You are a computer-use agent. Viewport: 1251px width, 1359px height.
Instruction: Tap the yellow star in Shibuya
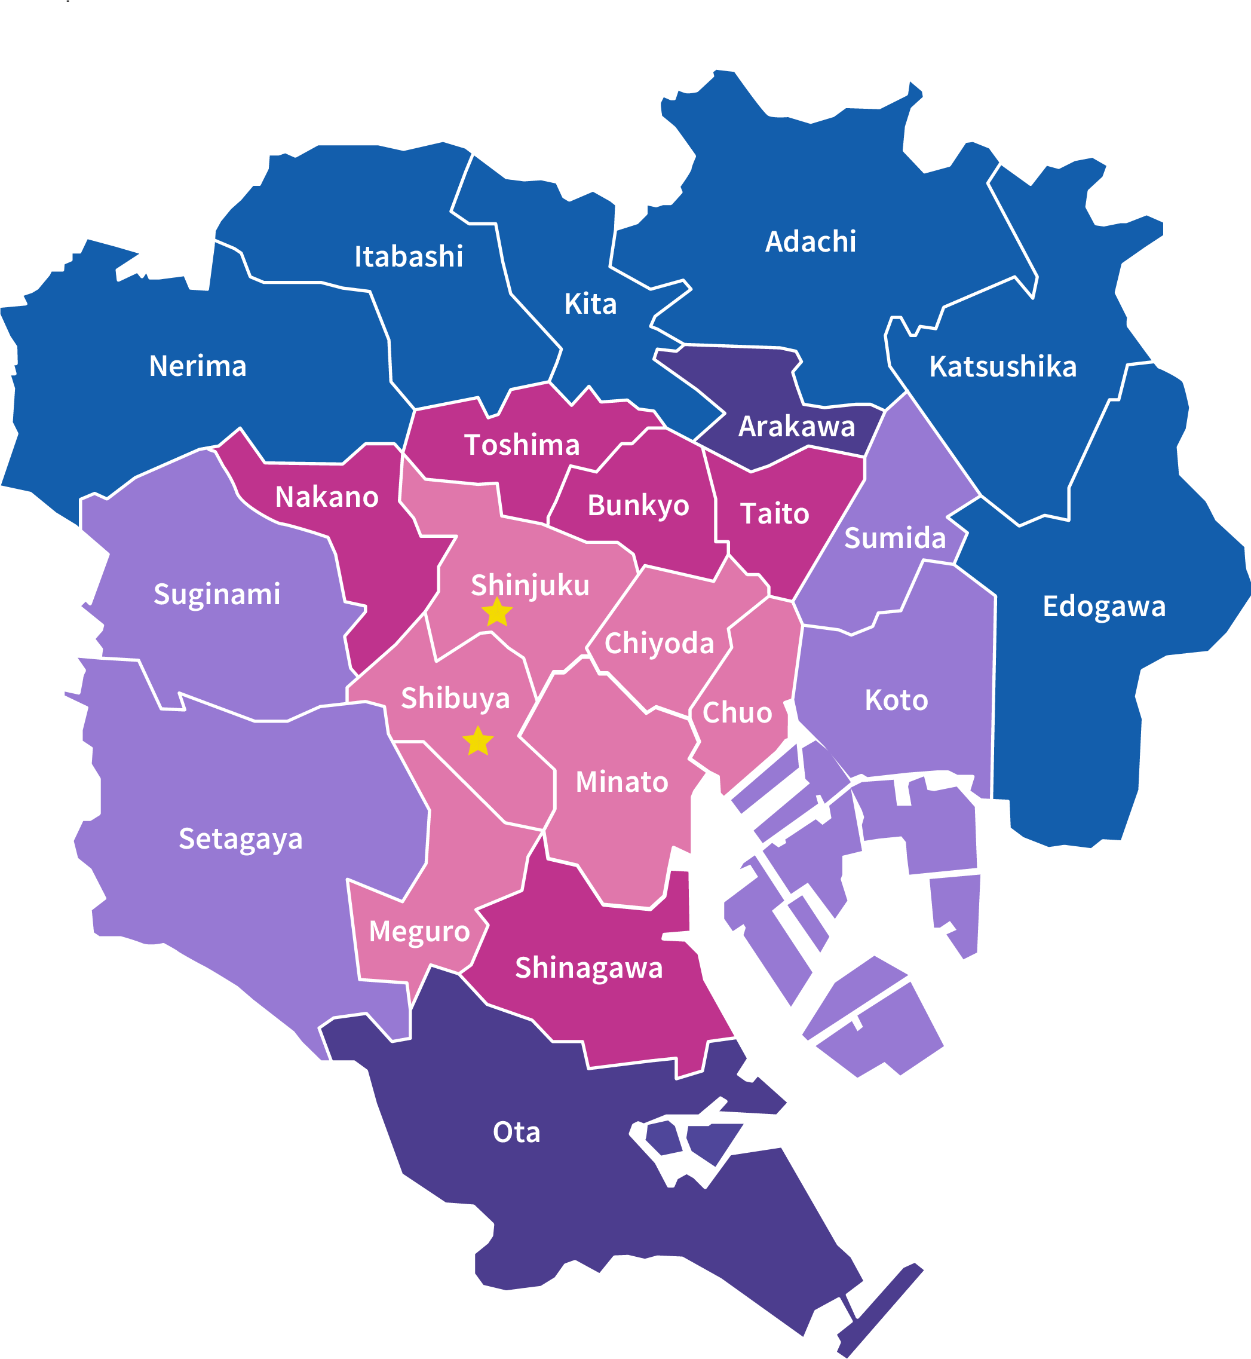[478, 741]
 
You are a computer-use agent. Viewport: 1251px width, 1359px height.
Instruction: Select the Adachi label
[810, 241]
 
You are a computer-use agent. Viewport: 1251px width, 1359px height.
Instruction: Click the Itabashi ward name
[409, 256]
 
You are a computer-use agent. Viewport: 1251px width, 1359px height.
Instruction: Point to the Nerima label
[198, 366]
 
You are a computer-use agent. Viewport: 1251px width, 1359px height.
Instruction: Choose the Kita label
[590, 304]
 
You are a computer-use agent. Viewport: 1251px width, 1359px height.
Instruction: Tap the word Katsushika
[1002, 366]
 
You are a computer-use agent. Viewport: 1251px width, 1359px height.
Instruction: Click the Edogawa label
[1104, 606]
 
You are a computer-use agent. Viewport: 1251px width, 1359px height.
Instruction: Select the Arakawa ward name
[797, 427]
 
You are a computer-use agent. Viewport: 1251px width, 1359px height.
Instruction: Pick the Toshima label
[522, 445]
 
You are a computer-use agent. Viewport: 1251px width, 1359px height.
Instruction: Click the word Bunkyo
[639, 505]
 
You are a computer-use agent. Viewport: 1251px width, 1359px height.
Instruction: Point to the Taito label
[774, 513]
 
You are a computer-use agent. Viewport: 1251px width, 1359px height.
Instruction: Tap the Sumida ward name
[895, 538]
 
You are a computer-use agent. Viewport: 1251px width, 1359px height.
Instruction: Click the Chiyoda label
[660, 643]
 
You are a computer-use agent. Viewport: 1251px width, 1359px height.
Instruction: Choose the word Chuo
[737, 712]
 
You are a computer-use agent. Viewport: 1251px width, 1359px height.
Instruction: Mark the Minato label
[622, 782]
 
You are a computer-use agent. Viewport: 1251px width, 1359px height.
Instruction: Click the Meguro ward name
[419, 932]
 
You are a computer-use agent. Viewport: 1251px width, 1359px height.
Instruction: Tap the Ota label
[517, 1132]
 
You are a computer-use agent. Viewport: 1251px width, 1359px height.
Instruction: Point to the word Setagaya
[240, 839]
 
